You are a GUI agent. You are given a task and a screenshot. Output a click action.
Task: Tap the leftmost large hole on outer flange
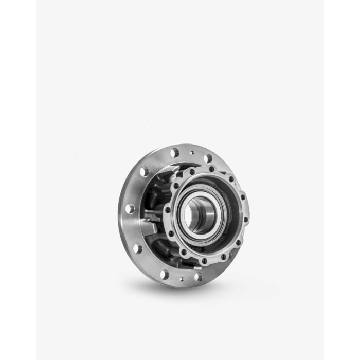pyautogui.click(x=130, y=208)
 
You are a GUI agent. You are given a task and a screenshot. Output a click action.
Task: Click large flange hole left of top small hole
pyautogui.click(x=174, y=153)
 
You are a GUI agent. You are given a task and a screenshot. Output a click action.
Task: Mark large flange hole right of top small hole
pyautogui.click(x=208, y=158)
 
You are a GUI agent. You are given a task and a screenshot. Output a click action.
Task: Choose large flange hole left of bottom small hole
pyautogui.click(x=164, y=274)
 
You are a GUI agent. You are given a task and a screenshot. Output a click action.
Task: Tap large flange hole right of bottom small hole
pyautogui.click(x=198, y=277)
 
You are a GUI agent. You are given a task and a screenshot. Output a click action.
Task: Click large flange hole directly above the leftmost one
pyautogui.click(x=144, y=171)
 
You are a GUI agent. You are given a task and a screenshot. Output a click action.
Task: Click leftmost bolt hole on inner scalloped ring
pyautogui.click(x=171, y=233)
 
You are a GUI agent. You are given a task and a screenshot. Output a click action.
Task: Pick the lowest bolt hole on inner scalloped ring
pyautogui.click(x=204, y=261)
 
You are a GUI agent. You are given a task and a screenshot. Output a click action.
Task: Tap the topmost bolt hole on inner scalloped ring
pyautogui.click(x=211, y=169)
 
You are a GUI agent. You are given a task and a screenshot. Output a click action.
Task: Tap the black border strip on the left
pyautogui.click(x=17, y=180)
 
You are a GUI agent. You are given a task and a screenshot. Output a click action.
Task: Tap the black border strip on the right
pyautogui.click(x=342, y=180)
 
